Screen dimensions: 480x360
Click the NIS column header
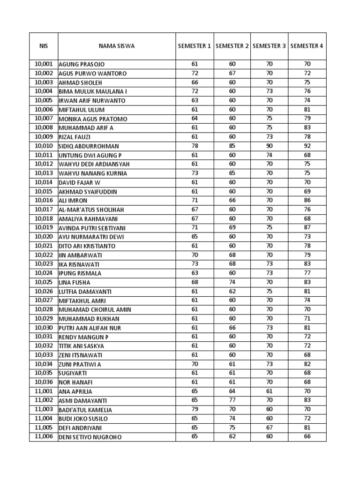43,46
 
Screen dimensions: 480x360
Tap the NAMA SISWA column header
117,46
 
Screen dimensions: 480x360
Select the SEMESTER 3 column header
269,46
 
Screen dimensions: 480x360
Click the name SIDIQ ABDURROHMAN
89,146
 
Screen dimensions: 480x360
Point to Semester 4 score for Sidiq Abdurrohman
307,146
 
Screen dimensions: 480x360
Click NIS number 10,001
44,64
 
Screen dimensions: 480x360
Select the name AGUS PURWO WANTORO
92,74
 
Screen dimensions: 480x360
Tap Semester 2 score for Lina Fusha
232,282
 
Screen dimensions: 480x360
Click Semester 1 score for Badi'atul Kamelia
195,409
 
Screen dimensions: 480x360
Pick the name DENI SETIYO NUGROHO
90,437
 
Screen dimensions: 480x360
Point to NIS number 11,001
44,391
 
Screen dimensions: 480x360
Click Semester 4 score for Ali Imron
307,200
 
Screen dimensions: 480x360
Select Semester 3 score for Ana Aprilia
269,391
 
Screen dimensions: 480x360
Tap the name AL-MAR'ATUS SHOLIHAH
91,210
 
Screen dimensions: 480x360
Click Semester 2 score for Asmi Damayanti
232,400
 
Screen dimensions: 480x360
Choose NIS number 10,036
44,382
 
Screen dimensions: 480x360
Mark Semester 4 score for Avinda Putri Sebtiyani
307,227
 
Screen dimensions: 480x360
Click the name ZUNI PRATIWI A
80,364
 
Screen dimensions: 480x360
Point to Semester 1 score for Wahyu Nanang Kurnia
195,173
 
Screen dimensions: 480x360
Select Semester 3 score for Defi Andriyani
269,427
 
